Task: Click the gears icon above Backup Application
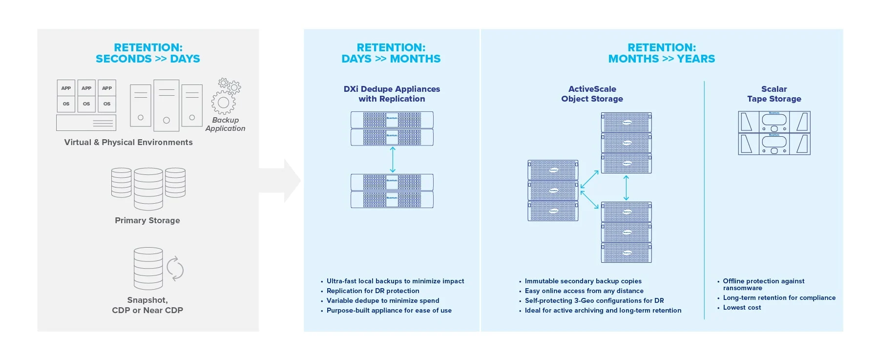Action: [226, 96]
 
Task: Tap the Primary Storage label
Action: [147, 221]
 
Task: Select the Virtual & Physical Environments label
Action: [128, 143]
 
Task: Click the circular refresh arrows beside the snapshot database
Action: [175, 269]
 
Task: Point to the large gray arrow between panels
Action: [280, 180]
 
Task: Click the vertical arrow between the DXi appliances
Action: [393, 160]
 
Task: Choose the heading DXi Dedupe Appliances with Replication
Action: [392, 94]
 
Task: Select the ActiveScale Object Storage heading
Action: [592, 94]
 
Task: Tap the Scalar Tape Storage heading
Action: [774, 94]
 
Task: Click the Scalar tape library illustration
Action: [774, 133]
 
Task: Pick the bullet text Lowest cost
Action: [742, 308]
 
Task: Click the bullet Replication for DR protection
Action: [373, 291]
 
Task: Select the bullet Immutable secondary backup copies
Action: [583, 281]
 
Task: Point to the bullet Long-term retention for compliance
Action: [779, 298]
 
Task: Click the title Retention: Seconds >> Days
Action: [148, 53]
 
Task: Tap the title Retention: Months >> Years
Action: [662, 53]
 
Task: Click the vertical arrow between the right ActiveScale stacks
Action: [626, 188]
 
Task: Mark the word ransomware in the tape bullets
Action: [742, 288]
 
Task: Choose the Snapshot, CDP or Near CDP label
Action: [147, 305]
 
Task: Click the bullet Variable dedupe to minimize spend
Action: [383, 301]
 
